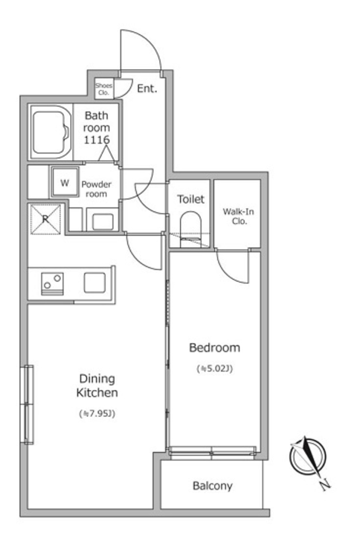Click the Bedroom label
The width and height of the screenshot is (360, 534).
[x=214, y=348]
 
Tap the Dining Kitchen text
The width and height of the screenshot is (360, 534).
[x=97, y=385]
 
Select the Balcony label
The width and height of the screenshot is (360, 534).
[x=212, y=486]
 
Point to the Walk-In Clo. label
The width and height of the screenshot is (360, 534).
[x=238, y=216]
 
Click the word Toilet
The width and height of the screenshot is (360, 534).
[x=191, y=199]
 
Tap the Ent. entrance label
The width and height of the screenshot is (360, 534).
[x=147, y=89]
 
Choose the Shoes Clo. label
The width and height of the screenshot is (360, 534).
[x=103, y=89]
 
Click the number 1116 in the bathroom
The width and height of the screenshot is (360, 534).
[x=97, y=140]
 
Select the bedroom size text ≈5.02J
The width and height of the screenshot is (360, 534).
[x=214, y=369]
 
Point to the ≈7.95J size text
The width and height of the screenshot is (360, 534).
[x=97, y=414]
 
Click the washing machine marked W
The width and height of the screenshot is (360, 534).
[x=65, y=182]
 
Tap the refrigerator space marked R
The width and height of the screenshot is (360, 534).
[x=45, y=220]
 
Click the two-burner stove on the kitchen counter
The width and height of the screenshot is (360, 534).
[x=53, y=283]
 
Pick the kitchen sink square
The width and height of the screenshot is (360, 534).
[x=94, y=283]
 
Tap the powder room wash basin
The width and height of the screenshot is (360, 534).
[x=102, y=222]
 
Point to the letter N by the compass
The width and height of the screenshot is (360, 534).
[x=326, y=484]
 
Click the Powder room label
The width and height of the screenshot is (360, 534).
[x=97, y=189]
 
